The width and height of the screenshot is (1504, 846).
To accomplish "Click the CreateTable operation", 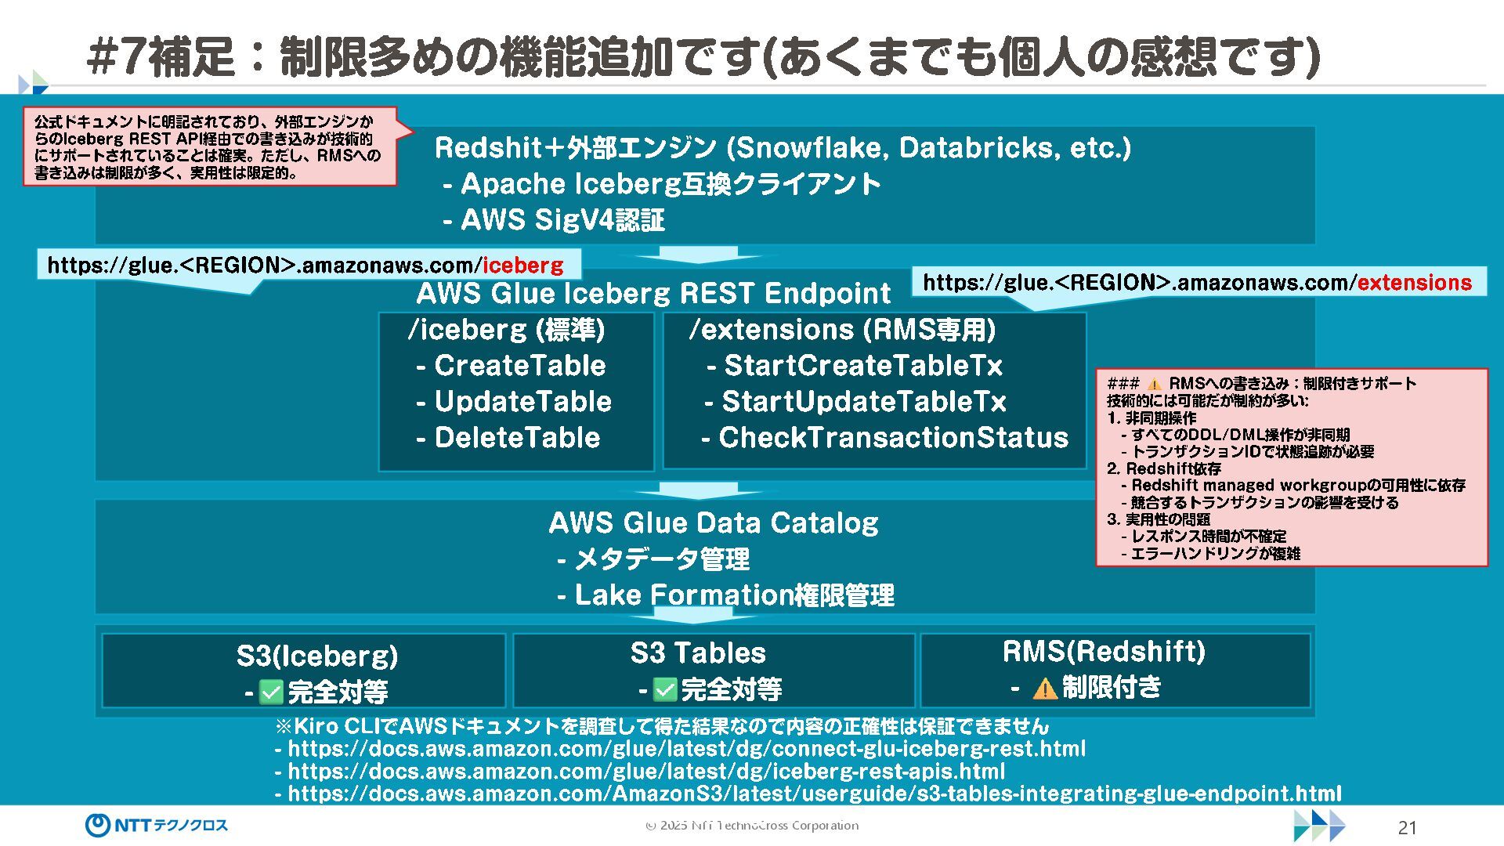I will tap(519, 366).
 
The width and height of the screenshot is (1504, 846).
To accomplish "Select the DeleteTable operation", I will tap(517, 438).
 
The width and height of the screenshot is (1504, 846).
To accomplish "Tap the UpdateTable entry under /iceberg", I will tap(522, 402).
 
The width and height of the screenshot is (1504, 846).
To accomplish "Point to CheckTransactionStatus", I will tap(893, 438).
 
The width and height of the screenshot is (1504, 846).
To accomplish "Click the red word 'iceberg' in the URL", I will tap(522, 266).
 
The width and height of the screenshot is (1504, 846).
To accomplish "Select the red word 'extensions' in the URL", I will tap(1414, 283).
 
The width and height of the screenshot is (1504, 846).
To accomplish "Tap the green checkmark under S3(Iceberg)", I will tap(271, 692).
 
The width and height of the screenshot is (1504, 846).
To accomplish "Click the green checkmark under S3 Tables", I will tap(664, 690).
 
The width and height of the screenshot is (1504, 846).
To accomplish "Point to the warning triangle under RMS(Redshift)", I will tap(1044, 689).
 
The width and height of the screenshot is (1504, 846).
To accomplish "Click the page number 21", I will tap(1407, 827).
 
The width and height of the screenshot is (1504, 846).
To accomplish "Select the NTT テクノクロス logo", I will tap(157, 825).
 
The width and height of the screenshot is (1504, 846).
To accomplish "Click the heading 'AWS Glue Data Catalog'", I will tap(713, 522).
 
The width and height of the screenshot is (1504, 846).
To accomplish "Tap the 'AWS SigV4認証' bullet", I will tap(562, 220).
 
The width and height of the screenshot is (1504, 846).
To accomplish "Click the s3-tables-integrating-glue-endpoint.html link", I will tap(815, 794).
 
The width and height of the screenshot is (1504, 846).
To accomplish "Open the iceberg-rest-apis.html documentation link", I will tap(646, 772).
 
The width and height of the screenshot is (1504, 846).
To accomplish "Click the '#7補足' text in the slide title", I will tap(161, 56).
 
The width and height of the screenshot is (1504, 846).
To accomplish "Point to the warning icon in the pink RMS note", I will tap(1154, 384).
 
